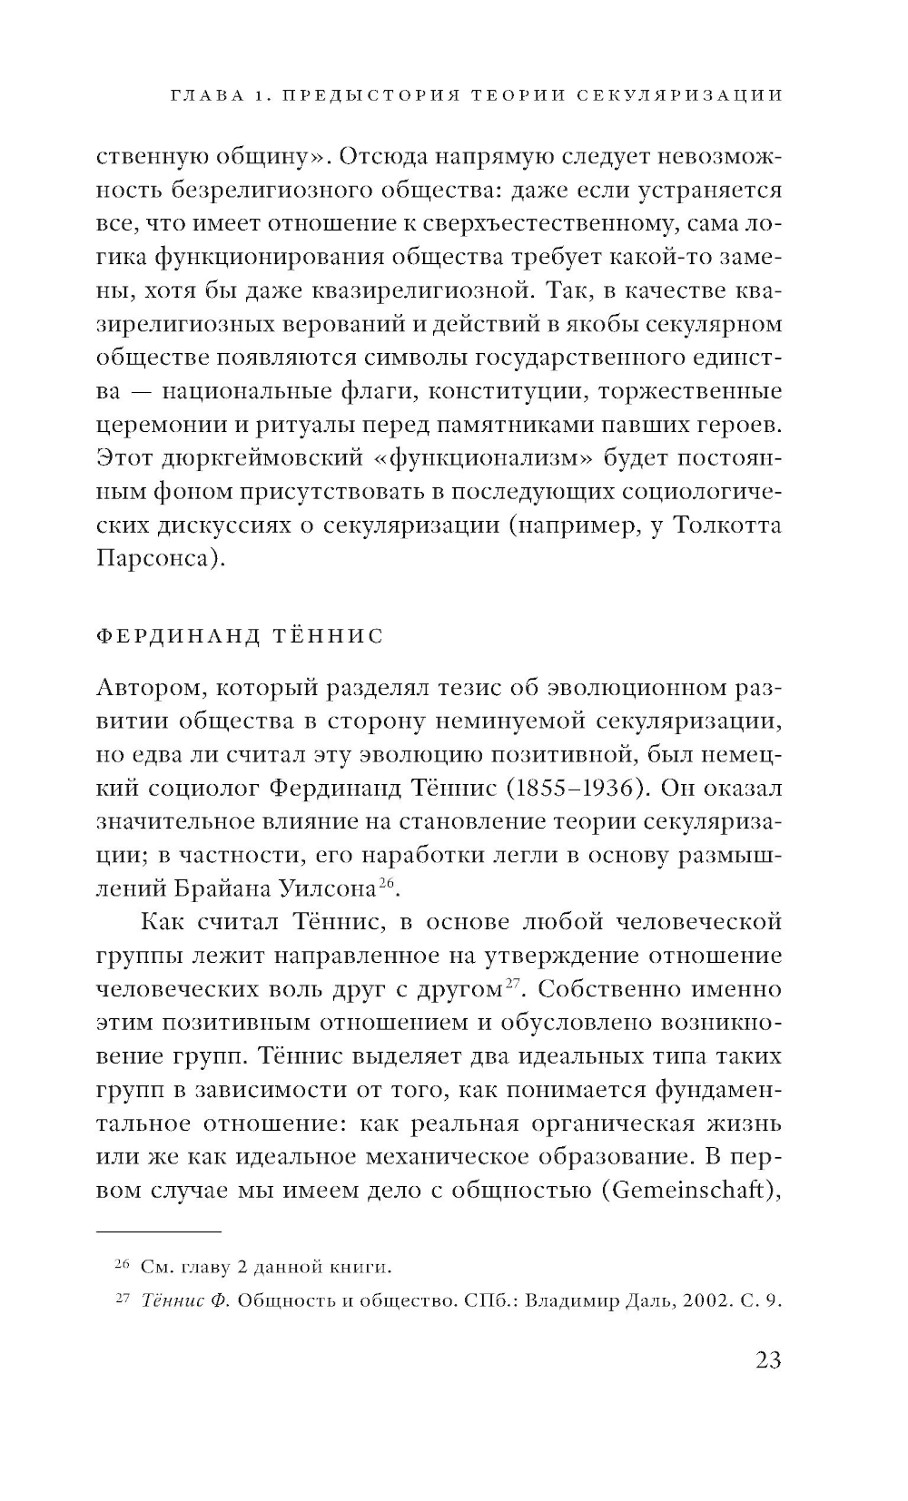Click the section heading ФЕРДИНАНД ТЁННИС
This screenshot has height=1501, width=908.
coord(240,635)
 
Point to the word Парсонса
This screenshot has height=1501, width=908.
coord(155,559)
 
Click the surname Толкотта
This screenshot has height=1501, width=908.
coord(726,525)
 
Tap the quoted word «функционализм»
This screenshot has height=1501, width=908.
coord(489,458)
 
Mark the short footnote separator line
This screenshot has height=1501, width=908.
coord(158,1231)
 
